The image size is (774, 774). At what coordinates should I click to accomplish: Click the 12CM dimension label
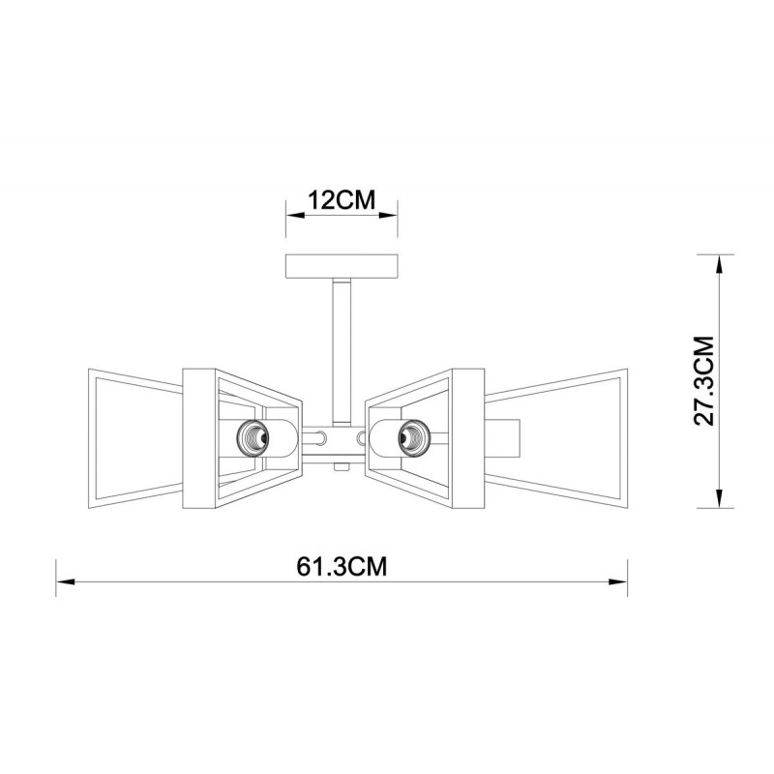click(342, 200)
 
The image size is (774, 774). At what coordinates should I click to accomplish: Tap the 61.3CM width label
click(342, 567)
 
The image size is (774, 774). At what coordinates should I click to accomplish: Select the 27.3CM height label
click(704, 380)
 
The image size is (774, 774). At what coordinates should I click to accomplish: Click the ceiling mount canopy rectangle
click(342, 267)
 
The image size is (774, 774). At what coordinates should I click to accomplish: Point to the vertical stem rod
click(342, 352)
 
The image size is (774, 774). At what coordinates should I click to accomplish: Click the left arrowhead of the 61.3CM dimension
click(65, 581)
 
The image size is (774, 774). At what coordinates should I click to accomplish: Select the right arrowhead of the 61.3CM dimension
click(618, 581)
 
